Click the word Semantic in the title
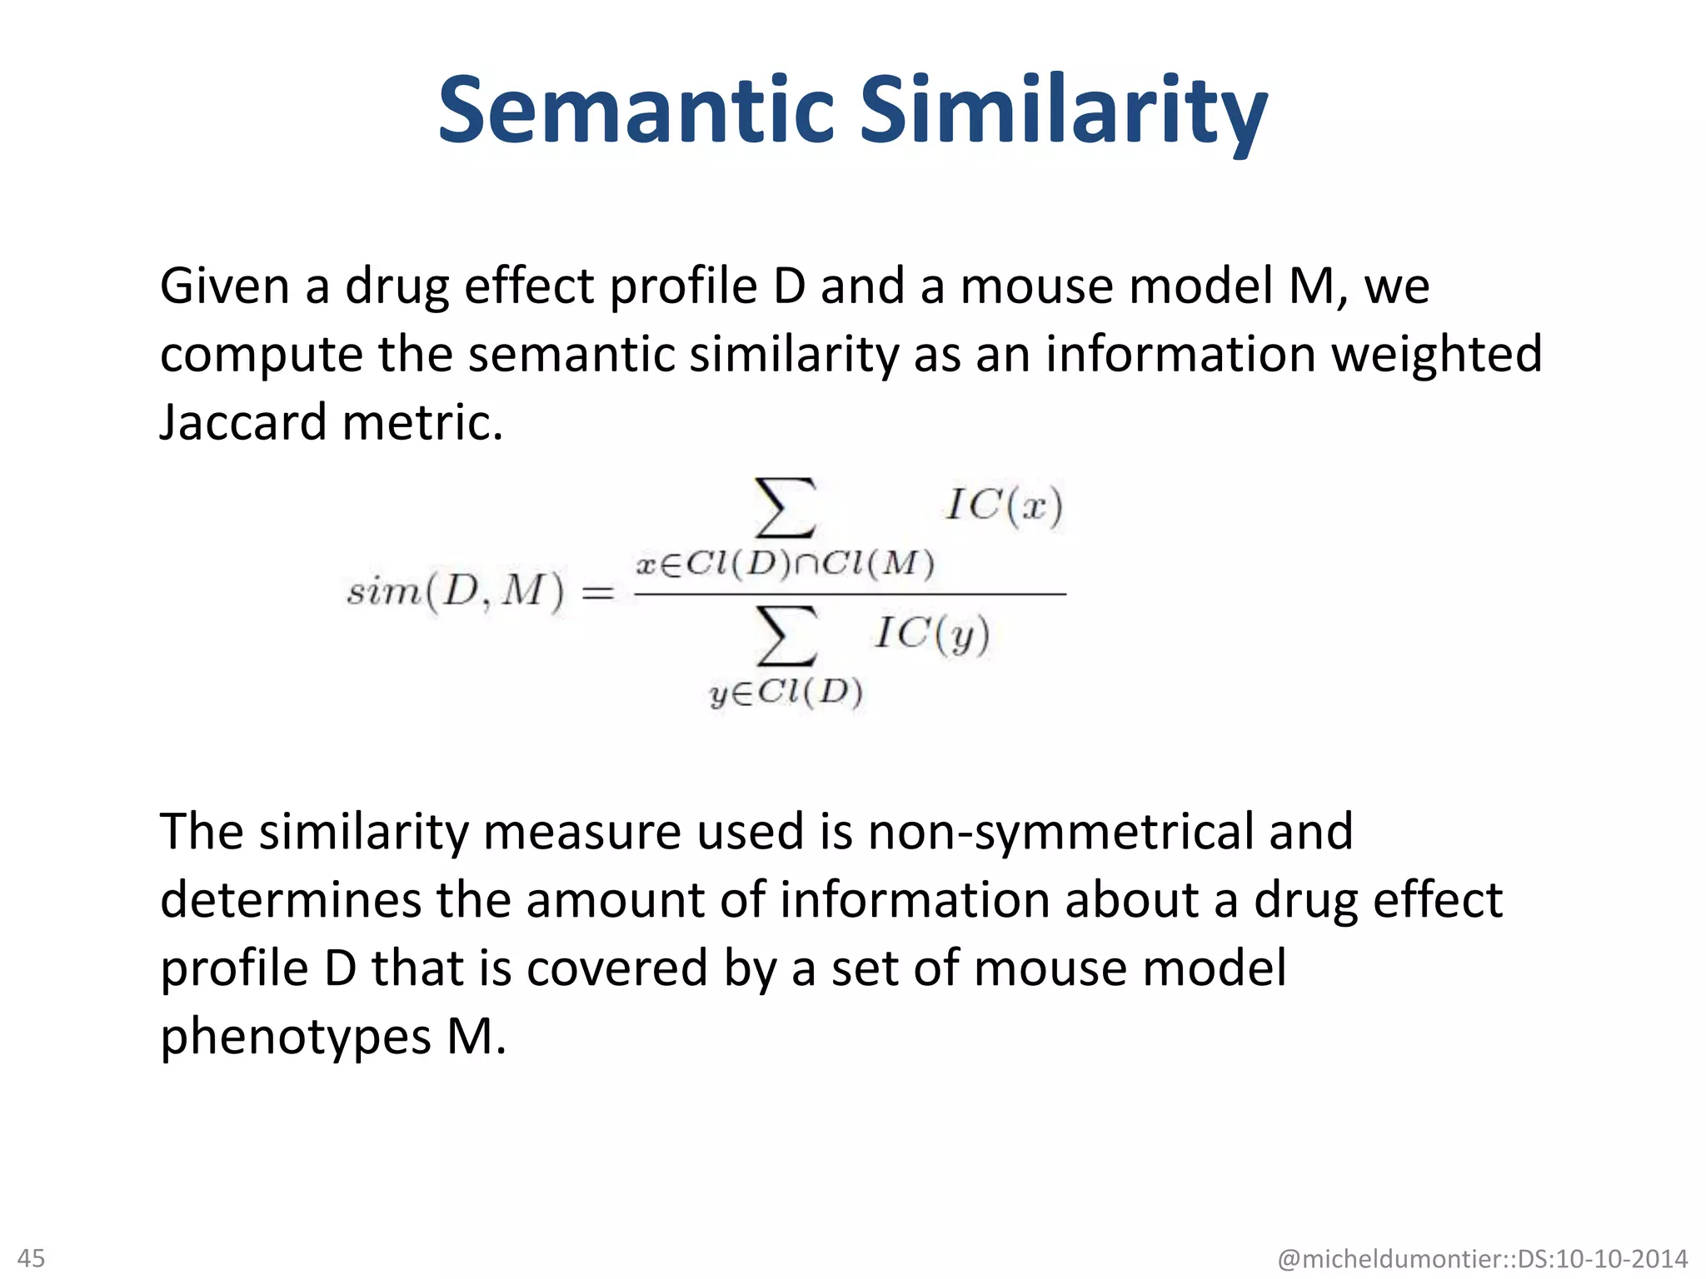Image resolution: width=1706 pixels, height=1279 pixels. coord(636,110)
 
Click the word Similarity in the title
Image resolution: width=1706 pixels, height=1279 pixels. coord(1063,112)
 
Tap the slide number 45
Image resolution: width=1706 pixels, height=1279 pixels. coord(32,1257)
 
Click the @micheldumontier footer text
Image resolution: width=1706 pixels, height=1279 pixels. coord(1482,1258)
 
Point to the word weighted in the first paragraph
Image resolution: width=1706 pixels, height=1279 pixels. coord(1436,354)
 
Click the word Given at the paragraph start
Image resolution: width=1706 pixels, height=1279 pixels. coord(224,286)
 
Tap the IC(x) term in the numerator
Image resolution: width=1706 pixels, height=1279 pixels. coord(1004,505)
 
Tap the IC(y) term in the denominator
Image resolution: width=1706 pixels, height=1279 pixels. coord(932,635)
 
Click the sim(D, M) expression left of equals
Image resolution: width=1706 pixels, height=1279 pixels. coord(455,592)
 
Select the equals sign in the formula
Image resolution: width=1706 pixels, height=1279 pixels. coord(596,594)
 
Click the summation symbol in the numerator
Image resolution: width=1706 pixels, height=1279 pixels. coord(785,506)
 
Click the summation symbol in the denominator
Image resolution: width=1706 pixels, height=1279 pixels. coord(785,635)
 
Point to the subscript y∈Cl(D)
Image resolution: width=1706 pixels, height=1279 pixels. coord(786,693)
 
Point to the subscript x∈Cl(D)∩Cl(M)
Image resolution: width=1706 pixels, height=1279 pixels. coord(785,565)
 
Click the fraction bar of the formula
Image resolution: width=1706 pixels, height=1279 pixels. coord(850,595)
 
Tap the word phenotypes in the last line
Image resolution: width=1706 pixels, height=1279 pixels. coord(296,1037)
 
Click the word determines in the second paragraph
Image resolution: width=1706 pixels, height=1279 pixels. coord(291,900)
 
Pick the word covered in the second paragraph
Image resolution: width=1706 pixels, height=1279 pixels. coord(616,968)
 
